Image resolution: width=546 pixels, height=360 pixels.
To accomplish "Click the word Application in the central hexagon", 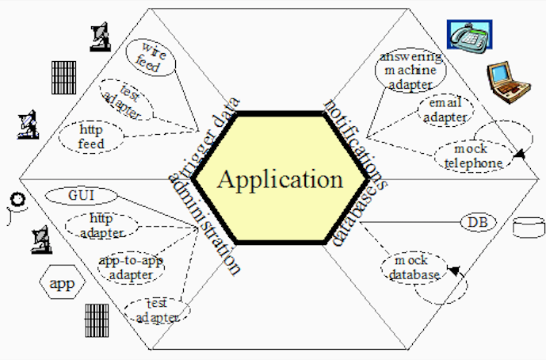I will [x=281, y=179].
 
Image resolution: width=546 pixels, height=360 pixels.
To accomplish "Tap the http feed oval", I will [x=91, y=136].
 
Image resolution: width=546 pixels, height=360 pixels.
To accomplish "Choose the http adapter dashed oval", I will [x=101, y=225].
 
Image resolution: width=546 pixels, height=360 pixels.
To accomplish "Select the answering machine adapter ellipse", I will [x=410, y=71].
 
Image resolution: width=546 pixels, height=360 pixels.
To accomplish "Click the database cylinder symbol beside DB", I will [x=529, y=228].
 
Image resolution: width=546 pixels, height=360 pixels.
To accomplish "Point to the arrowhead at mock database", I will [x=455, y=271].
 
